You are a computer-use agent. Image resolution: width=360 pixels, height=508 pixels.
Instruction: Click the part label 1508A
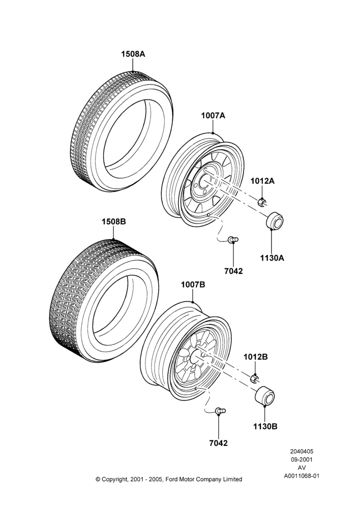coord(133,54)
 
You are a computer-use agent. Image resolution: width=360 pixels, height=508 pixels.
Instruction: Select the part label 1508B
coord(114,221)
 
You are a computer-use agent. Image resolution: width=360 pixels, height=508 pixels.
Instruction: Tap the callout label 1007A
coord(213,115)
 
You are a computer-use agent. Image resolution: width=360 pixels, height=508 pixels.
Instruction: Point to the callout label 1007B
coord(193,284)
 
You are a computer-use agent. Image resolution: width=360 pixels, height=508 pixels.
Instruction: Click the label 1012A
coord(262,181)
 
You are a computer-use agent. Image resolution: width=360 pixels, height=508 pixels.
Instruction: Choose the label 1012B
coord(256,357)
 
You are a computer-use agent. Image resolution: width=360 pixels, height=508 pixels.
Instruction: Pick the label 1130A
coord(272,258)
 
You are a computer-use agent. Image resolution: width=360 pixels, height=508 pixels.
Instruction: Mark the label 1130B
coord(265,426)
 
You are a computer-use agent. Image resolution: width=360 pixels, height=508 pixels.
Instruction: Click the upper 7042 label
coord(233,271)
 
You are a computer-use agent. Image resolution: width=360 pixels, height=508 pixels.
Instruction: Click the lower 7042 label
coord(219,443)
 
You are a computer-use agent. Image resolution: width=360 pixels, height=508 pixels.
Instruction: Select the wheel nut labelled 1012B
coord(255,378)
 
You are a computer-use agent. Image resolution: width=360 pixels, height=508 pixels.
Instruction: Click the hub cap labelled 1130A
coord(275,220)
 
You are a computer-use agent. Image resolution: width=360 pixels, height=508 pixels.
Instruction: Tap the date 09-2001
coord(302,459)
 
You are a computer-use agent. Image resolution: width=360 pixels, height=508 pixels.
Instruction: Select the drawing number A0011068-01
coord(302,476)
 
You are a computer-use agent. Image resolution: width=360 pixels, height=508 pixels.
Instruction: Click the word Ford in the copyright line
coord(172,479)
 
